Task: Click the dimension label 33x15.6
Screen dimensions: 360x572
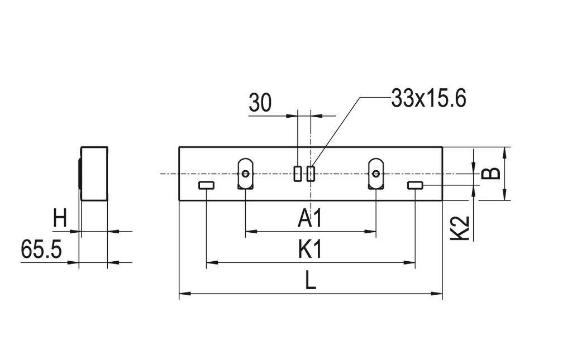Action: (428, 99)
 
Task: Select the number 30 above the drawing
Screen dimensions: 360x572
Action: (260, 103)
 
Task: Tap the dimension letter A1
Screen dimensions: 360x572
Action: (310, 219)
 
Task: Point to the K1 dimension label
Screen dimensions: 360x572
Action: (310, 250)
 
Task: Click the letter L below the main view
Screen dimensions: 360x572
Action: (311, 281)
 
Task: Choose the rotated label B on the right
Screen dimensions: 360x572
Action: (491, 173)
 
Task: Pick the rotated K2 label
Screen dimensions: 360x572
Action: (459, 229)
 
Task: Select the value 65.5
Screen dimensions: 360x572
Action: (41, 249)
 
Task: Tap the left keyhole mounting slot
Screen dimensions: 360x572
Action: (246, 174)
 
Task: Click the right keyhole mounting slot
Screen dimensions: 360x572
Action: (376, 174)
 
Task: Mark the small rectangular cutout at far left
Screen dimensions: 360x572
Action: (207, 185)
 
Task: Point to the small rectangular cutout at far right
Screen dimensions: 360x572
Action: (415, 185)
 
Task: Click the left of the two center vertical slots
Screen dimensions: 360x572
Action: (298, 174)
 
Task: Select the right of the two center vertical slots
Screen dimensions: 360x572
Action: (311, 174)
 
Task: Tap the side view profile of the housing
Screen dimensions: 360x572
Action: (94, 174)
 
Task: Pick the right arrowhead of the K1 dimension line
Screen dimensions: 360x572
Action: (412, 262)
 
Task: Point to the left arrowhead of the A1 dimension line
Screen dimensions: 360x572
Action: (249, 231)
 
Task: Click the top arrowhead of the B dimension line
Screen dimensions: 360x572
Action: (505, 151)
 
